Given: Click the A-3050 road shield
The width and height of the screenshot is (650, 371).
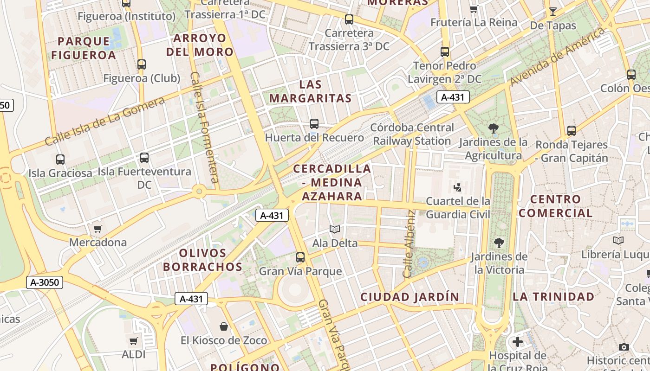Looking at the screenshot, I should pos(44,282).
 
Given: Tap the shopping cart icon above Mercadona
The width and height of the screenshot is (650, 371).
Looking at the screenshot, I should pos(97,229).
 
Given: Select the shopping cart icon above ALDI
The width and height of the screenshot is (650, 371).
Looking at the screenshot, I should pos(134,341).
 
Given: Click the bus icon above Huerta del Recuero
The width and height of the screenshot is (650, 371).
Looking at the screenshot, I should pos(314,124).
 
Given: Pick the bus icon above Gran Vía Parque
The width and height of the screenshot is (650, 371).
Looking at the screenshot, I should pos(300,257).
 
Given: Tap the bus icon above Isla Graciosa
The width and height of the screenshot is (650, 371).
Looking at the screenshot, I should pos(60,160).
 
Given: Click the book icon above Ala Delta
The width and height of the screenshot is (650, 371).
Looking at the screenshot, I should pos(335,229).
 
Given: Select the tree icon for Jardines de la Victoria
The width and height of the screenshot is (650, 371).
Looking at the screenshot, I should pos(499,242).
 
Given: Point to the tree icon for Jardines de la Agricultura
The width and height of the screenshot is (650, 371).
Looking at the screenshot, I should pos(494,128).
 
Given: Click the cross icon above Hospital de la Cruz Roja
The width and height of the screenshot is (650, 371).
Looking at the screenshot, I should pos(518,342).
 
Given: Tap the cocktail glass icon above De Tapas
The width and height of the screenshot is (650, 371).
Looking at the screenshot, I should pos(552,12).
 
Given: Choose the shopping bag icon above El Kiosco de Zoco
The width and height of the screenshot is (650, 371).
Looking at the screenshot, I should pos(224,326).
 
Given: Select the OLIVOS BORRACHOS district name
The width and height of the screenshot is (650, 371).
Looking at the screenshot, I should pos(202,260).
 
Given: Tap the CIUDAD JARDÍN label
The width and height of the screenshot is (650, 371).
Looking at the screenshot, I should pos(410,297).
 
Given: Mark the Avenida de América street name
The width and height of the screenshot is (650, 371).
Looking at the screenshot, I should pos(558,56).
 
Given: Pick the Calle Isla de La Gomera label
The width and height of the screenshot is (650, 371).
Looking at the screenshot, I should pos(104,122).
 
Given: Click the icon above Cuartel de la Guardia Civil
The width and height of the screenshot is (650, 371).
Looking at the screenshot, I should pos(458,187).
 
